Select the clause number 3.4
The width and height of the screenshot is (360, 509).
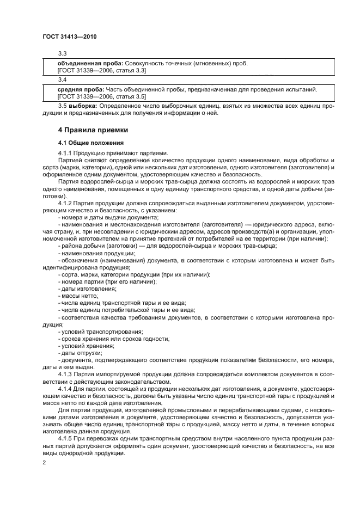point(62,80)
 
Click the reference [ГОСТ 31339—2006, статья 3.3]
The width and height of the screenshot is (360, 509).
point(101,71)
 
